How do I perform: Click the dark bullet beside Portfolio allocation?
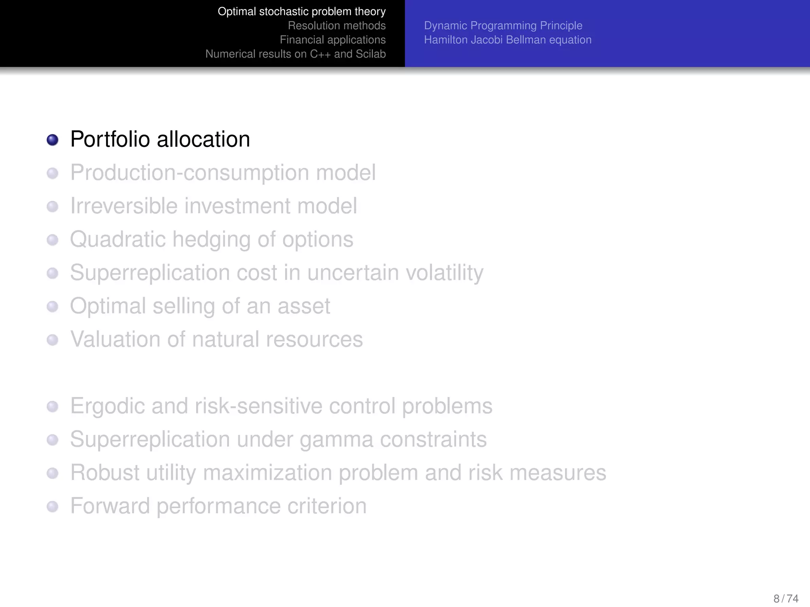tap(53, 140)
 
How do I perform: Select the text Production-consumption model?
tap(223, 173)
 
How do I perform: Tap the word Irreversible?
tap(123, 206)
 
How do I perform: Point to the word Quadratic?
tap(117, 239)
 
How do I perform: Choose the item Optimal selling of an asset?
tap(200, 306)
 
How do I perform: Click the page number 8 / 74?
tap(785, 598)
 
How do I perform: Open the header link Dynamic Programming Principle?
tap(503, 26)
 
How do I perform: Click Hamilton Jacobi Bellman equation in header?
tap(507, 40)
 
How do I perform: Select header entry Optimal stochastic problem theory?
tap(301, 11)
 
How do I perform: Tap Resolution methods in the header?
tap(337, 26)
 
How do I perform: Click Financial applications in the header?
tap(333, 40)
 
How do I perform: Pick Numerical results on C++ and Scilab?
tap(295, 54)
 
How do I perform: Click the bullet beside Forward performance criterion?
tap(53, 507)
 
